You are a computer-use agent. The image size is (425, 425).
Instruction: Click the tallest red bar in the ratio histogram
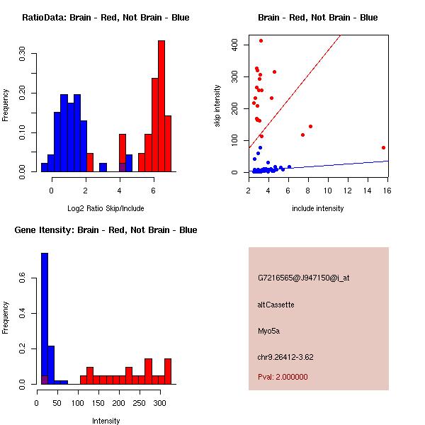click(161, 106)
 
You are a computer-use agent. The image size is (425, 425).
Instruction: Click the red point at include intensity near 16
click(383, 147)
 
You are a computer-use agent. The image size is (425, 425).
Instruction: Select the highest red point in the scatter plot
click(261, 40)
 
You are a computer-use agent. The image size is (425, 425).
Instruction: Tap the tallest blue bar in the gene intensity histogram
click(45, 319)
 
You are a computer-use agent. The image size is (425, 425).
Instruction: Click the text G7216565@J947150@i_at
click(303, 278)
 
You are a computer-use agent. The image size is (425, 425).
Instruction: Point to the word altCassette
click(276, 305)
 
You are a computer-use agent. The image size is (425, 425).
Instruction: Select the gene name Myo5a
click(269, 330)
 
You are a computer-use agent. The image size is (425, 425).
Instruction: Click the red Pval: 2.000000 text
click(283, 377)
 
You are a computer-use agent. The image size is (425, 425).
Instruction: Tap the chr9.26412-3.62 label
click(285, 356)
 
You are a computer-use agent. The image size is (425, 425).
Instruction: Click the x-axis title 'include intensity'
click(318, 208)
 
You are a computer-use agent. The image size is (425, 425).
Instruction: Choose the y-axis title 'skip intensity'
click(217, 106)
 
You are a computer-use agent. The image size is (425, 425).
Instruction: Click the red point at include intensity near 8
click(310, 126)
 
